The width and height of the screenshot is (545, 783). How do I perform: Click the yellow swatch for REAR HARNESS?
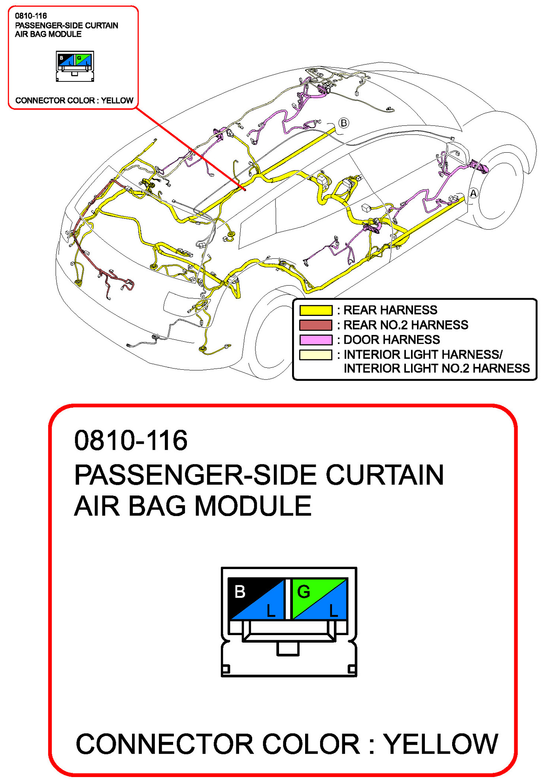315,310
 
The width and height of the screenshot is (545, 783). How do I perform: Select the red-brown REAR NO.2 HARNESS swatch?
315,325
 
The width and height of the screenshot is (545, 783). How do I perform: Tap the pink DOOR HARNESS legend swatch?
315,340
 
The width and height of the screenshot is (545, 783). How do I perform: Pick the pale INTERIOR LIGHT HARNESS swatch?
315,355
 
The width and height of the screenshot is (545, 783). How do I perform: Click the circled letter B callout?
344,123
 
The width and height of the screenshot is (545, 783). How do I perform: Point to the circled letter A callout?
473,193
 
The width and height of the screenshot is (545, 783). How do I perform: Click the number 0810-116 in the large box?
131,440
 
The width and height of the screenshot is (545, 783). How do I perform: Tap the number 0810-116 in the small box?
31,16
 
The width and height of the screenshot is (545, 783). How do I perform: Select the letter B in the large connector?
240,592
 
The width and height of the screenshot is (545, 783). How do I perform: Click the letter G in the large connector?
304,592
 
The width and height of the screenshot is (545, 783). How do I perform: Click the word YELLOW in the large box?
441,744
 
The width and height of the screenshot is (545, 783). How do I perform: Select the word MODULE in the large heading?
253,506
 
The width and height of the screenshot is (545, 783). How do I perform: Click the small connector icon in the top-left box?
75,66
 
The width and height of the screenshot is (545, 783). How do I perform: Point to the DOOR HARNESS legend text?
391,340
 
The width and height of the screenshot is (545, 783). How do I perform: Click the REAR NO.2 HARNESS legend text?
405,325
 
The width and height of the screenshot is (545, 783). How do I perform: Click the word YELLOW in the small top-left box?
117,100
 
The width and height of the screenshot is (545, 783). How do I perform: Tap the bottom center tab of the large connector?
288,649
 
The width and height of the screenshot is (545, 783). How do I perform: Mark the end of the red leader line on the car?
245,190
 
